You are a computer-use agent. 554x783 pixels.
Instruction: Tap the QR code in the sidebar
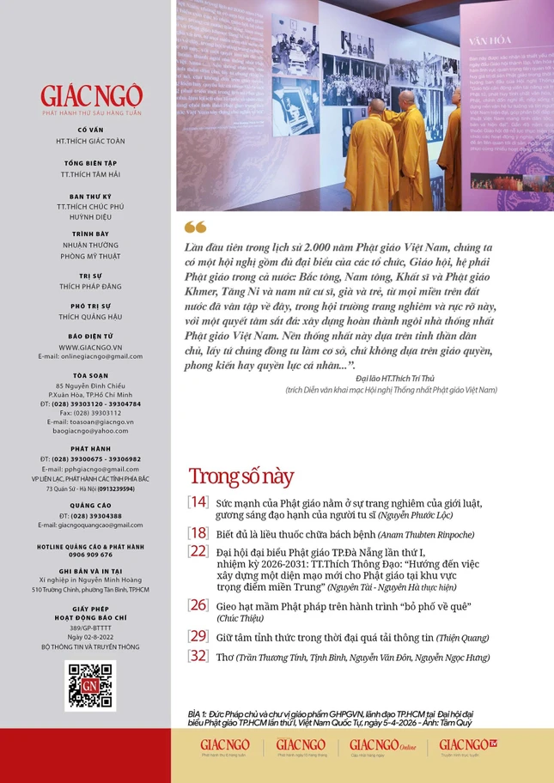tap(90, 684)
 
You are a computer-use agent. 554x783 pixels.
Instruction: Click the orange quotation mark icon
tap(195, 227)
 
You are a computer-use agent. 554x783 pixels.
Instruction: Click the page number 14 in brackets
tap(198, 502)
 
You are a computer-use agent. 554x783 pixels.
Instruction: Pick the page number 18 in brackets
tap(198, 532)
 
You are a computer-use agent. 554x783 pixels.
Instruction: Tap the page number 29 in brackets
tap(198, 636)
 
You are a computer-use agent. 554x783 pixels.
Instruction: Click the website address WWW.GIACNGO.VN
tap(90, 347)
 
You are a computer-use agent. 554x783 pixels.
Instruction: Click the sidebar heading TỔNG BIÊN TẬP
tap(90, 162)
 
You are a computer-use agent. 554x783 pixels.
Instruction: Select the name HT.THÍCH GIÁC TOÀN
tap(90, 140)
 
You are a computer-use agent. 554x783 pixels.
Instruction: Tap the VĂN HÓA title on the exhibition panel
tap(487, 39)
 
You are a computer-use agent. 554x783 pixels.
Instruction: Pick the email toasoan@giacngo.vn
tap(90, 422)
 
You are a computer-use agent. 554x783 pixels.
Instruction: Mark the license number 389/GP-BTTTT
tap(90, 628)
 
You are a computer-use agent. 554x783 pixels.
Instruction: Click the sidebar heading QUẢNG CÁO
tap(90, 506)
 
